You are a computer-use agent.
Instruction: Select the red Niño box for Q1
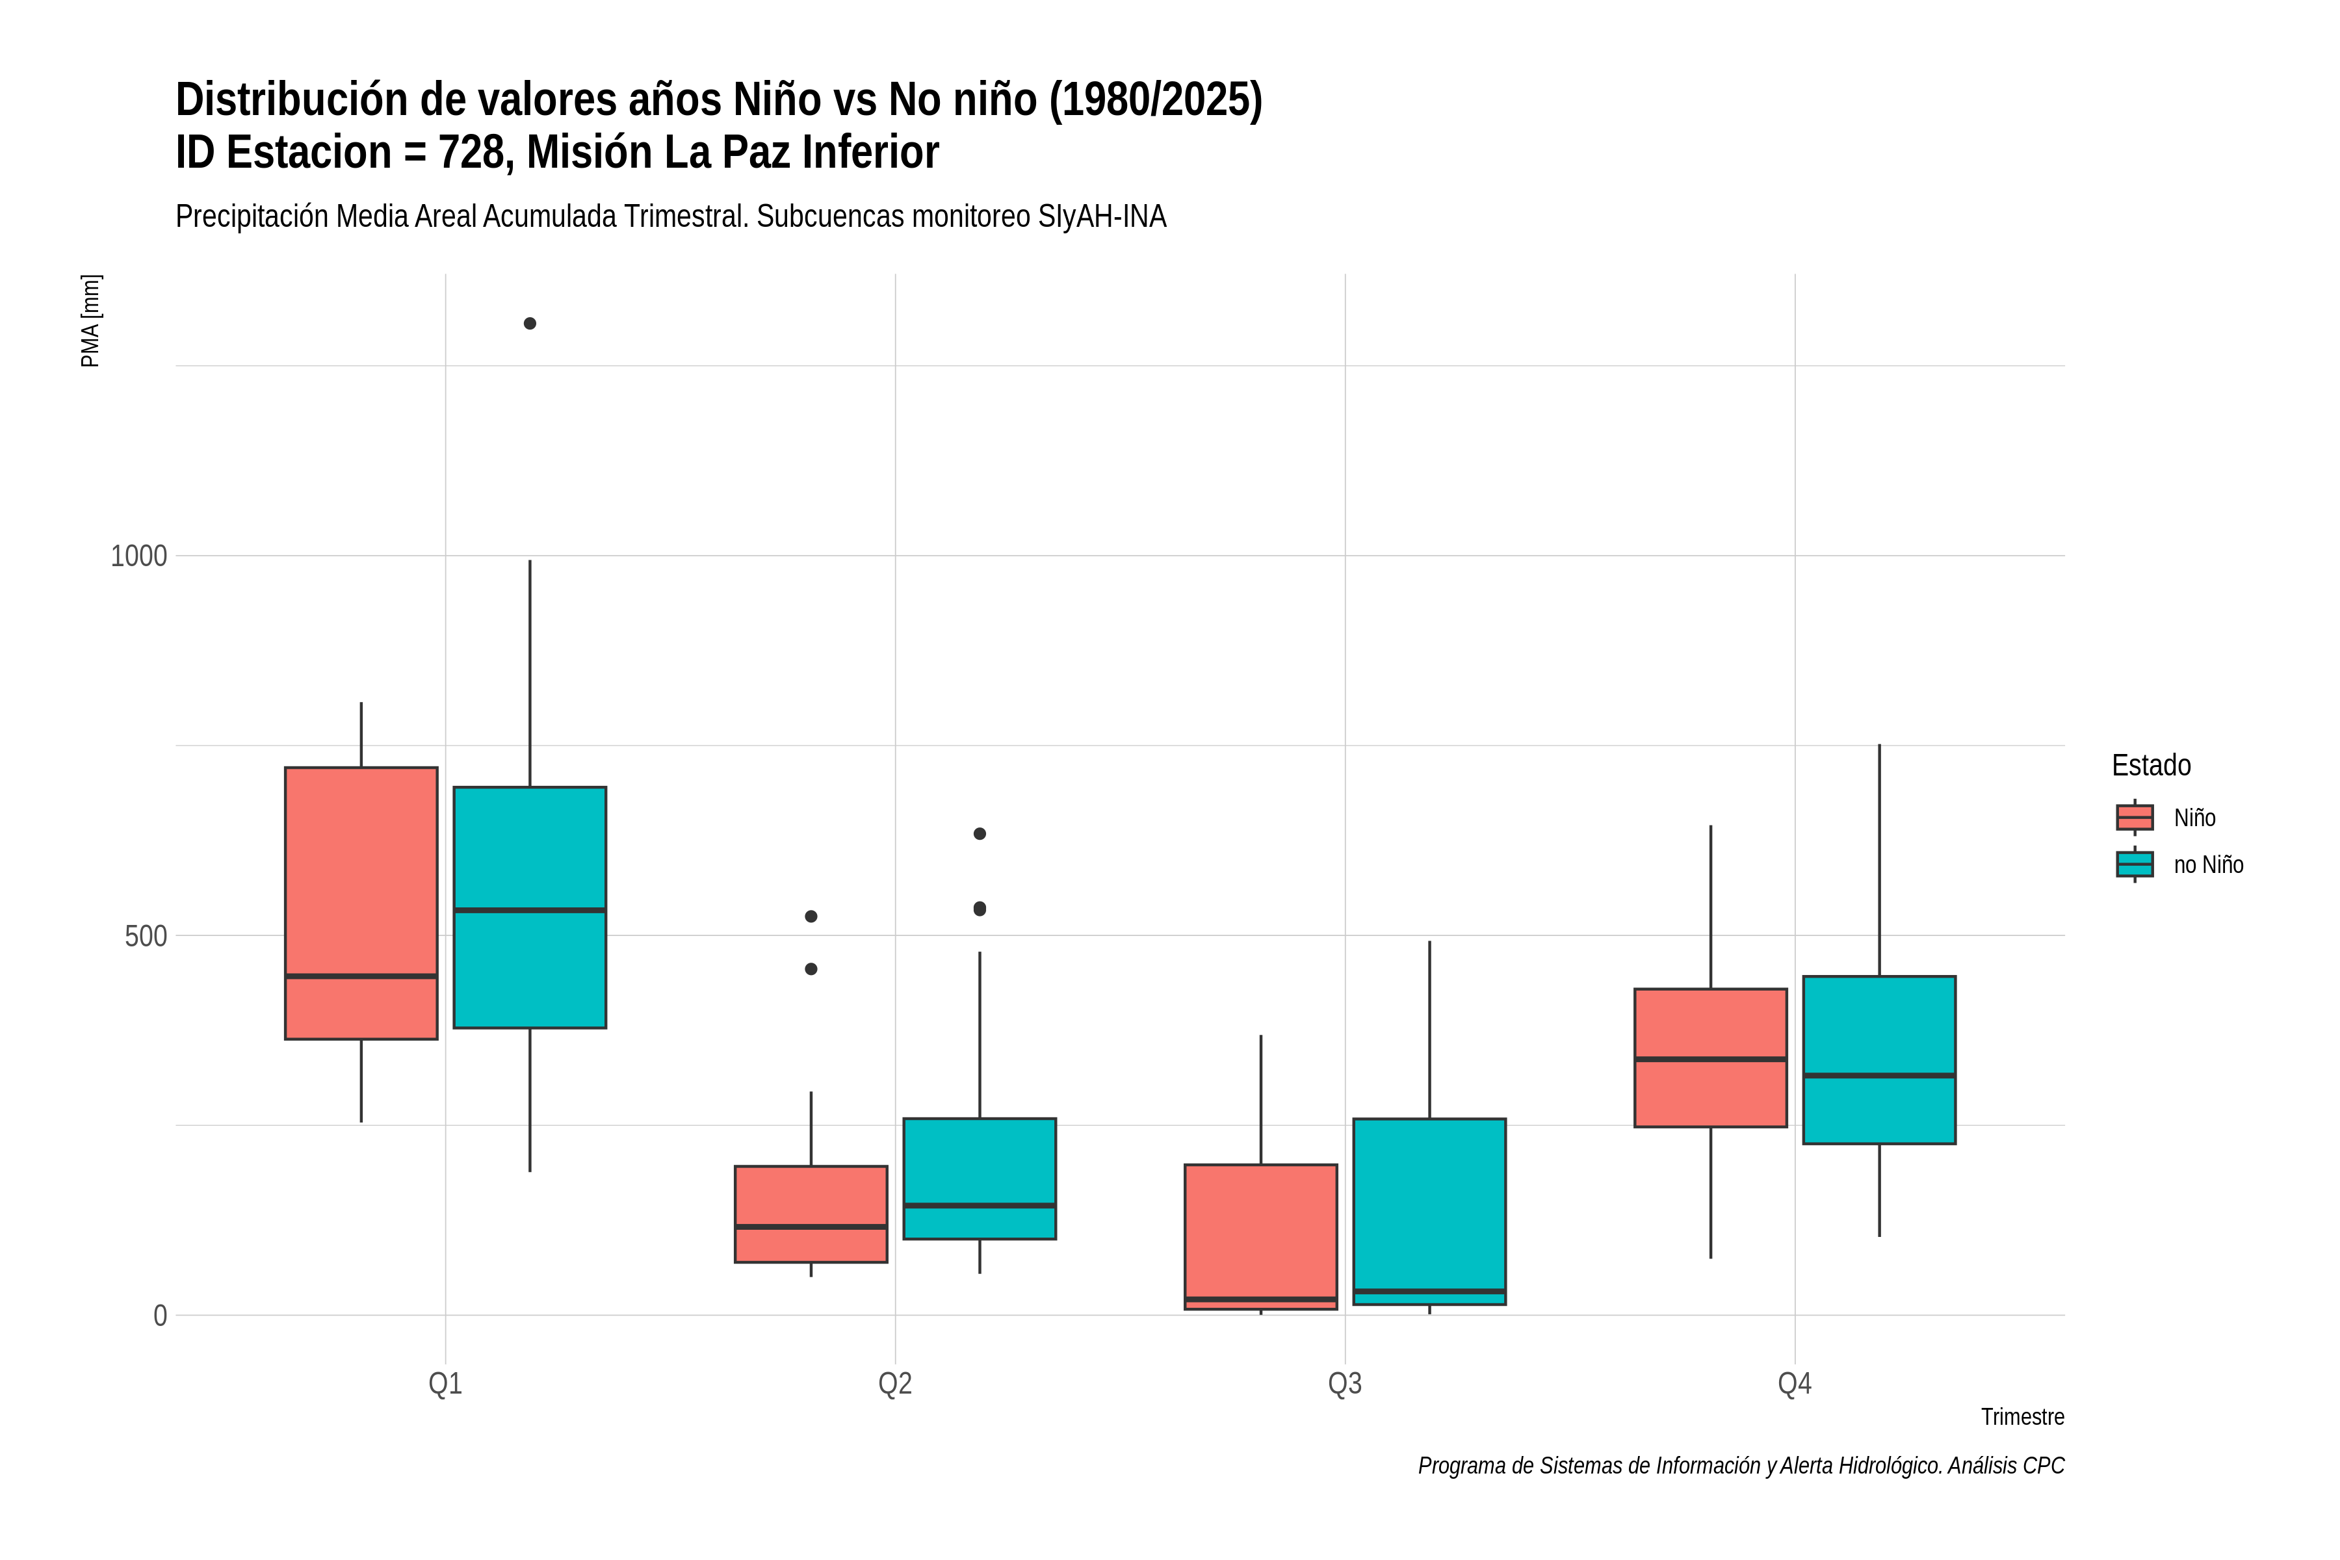[361, 903]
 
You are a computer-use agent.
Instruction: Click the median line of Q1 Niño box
[361, 976]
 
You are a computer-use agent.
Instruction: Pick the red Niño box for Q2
[811, 1214]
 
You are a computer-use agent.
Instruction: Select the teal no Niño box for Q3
[1429, 1212]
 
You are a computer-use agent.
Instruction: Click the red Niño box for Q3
[1260, 1237]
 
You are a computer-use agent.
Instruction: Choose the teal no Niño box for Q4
[1878, 1059]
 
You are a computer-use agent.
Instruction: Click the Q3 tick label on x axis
[1345, 1383]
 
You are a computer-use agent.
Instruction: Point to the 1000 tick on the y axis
[138, 556]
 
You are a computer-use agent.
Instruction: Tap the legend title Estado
[2151, 765]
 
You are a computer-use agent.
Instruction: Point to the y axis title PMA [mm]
[90, 320]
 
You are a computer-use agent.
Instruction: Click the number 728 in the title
[472, 152]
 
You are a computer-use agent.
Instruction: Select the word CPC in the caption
[2044, 1466]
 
